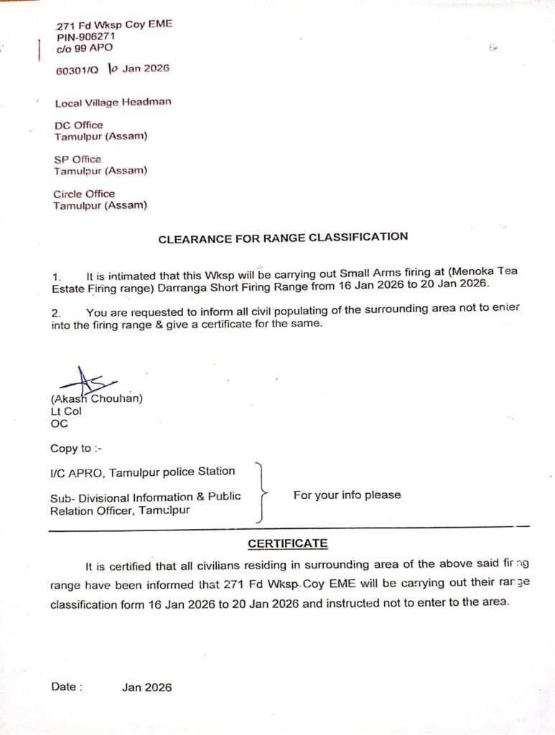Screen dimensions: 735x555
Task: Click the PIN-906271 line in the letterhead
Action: point(87,36)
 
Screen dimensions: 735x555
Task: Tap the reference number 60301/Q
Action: point(78,70)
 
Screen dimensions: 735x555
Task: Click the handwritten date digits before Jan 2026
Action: point(112,69)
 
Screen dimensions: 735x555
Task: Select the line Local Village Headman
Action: point(113,102)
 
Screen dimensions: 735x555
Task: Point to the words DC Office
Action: point(78,125)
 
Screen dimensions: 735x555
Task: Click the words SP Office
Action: point(78,159)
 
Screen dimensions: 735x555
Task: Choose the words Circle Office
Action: point(83,194)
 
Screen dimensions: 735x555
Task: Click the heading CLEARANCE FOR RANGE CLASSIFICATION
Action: point(283,238)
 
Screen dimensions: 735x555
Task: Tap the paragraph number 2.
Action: point(57,313)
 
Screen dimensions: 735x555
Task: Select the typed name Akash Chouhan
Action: point(96,399)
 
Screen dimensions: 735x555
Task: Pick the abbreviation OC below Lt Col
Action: point(59,423)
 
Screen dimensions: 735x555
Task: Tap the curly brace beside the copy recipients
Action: point(263,493)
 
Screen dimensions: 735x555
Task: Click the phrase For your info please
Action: point(347,495)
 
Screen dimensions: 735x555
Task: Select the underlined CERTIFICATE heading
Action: point(287,543)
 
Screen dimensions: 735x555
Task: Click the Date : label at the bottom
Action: point(66,687)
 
